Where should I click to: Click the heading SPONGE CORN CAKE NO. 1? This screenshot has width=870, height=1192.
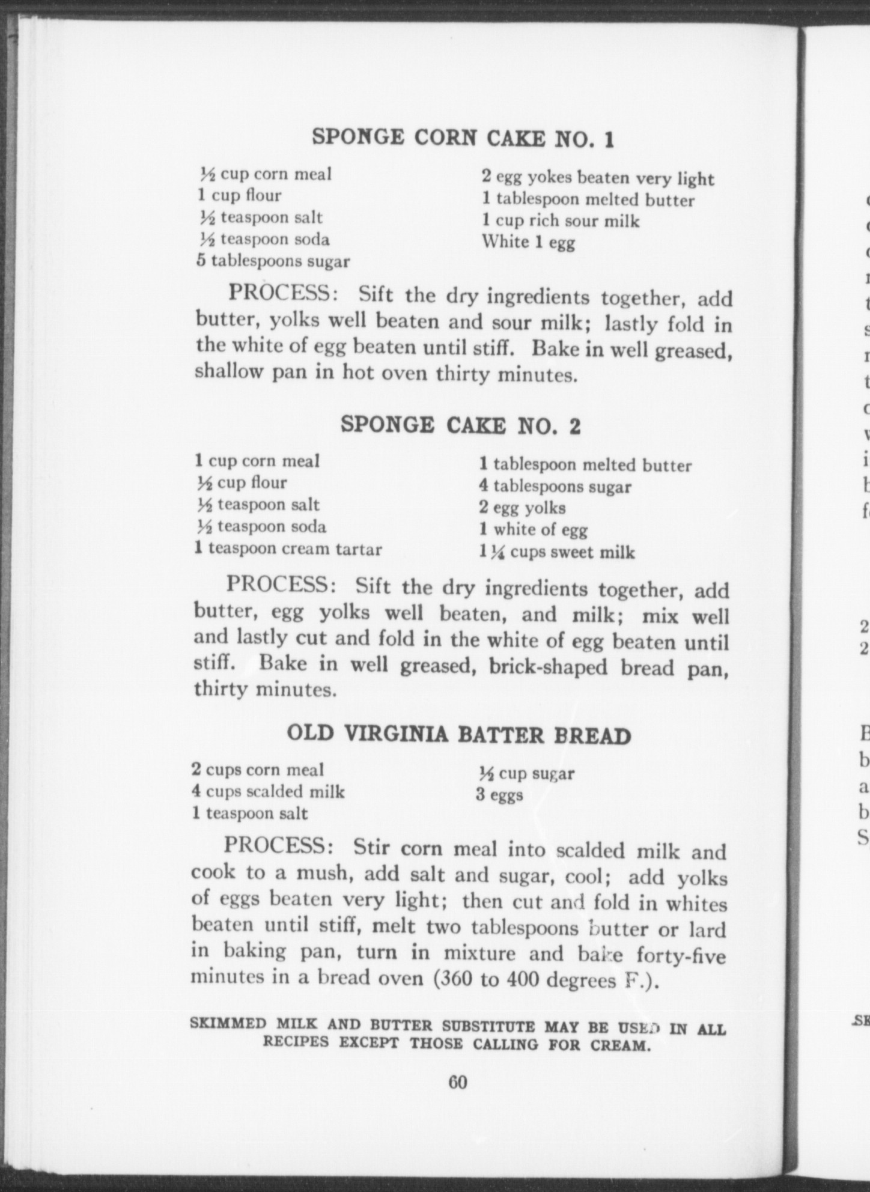463,138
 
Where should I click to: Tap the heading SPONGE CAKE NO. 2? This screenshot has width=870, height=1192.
460,425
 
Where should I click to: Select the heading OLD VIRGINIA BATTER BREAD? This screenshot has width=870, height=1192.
459,735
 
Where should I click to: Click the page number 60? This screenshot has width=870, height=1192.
457,1082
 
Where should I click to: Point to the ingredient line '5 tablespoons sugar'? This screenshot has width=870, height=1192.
273,261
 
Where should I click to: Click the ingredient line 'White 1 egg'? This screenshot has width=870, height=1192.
528,242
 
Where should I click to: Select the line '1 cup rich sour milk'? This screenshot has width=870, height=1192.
560,220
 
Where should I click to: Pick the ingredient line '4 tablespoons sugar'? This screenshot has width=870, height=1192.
555,487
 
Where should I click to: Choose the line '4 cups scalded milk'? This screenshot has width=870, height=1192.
268,791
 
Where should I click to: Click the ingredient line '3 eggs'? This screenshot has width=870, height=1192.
499,795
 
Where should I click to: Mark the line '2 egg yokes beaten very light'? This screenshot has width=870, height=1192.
598,178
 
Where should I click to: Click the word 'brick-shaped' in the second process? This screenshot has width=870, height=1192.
548,667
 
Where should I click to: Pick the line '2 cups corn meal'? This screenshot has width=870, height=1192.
258,770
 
